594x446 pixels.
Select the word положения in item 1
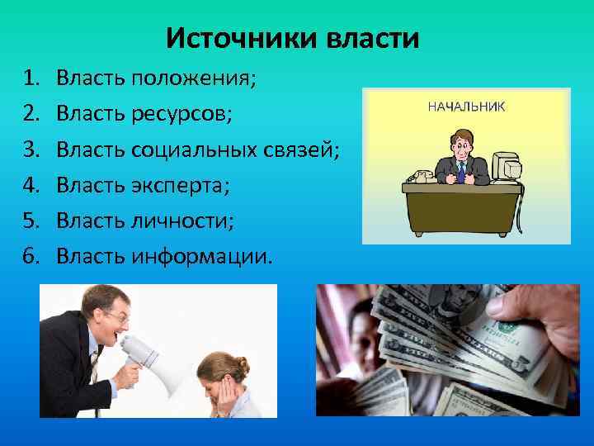(191, 78)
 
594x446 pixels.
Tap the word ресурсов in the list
(181, 114)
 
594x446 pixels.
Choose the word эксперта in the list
(180, 185)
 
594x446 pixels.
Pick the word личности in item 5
(181, 221)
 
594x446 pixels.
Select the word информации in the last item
(200, 256)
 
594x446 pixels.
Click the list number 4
(31, 185)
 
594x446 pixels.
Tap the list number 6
(31, 256)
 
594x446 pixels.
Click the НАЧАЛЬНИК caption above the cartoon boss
(466, 107)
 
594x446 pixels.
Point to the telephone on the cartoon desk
(419, 176)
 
